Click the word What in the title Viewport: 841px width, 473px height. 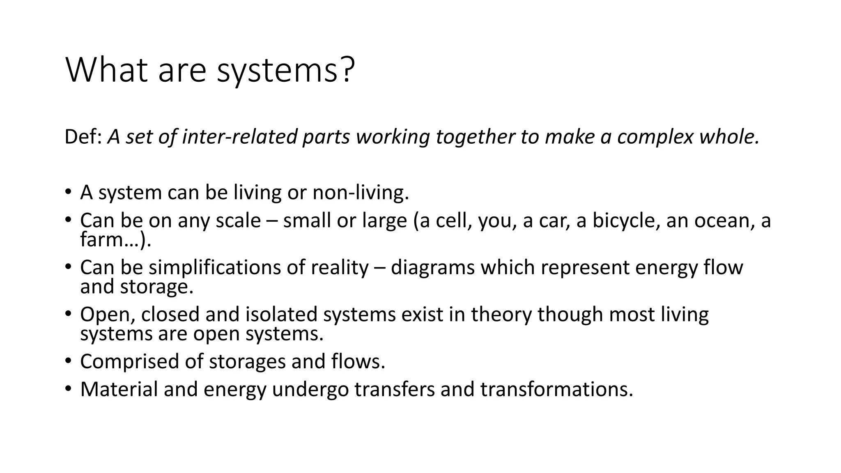[106, 70]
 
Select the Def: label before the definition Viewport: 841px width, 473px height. [83, 137]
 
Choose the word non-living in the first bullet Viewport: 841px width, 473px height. [361, 192]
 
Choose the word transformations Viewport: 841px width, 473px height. [556, 389]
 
